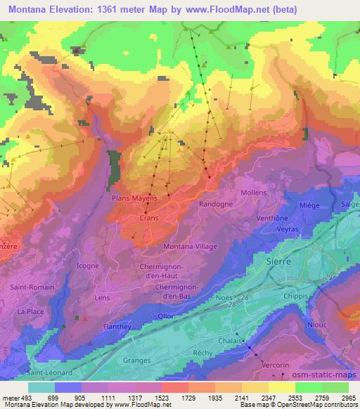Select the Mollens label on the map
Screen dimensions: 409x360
(x=253, y=193)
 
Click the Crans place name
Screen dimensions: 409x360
(x=147, y=219)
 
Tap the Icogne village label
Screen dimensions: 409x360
(x=87, y=266)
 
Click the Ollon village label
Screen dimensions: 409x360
(x=166, y=316)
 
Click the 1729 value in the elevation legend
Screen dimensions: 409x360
(x=174, y=398)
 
